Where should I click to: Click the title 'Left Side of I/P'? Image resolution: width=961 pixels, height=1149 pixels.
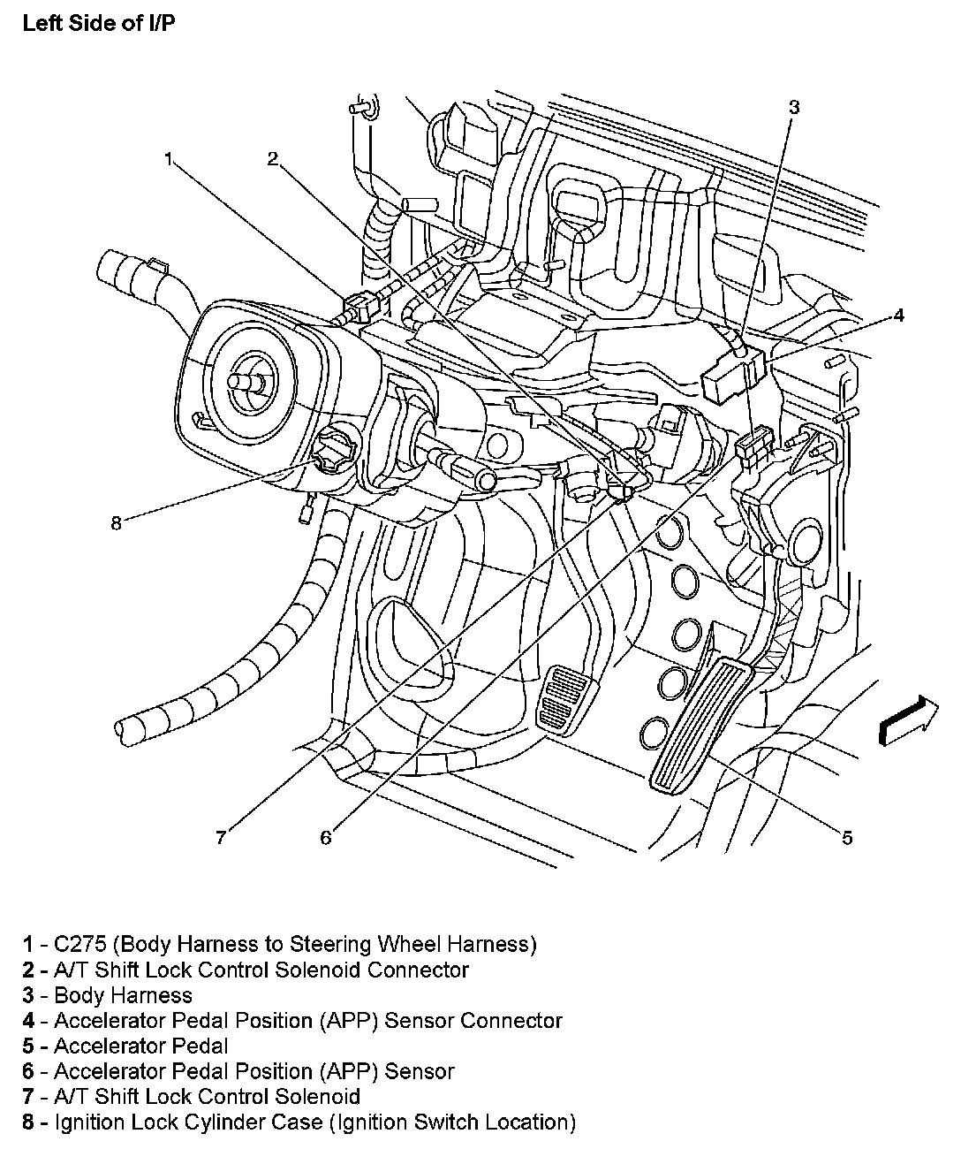pos(99,24)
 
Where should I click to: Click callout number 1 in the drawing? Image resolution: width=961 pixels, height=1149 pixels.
pos(168,159)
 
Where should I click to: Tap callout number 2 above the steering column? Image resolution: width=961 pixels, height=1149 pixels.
pos(273,158)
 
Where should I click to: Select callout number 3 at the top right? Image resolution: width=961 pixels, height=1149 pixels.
pos(793,107)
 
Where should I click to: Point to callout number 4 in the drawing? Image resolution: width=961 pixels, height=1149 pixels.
pos(898,315)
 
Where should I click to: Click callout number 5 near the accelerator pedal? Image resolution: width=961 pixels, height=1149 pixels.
pos(847,837)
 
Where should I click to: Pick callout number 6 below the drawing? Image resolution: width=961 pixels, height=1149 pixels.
pos(326,836)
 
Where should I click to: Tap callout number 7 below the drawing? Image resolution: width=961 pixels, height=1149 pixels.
pos(221,836)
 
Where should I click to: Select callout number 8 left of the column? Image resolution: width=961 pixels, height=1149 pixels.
pos(116,522)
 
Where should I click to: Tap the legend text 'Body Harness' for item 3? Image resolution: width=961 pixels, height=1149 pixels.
pos(123,995)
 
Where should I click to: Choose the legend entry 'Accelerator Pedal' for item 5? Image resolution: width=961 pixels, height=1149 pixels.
pos(141,1046)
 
